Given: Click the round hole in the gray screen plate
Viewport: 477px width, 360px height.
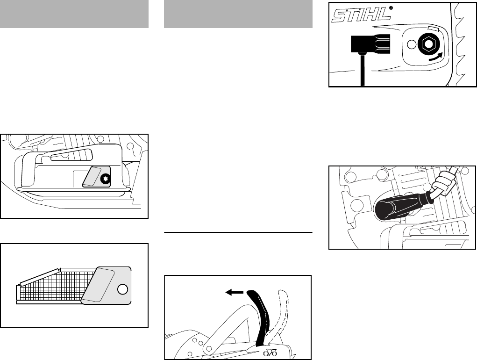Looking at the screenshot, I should point(123,289).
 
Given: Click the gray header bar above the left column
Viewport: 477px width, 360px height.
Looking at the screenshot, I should point(74,14).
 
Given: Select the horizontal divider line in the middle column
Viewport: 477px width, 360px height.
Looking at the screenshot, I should point(238,232).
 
